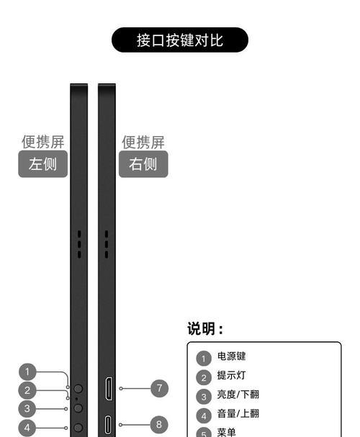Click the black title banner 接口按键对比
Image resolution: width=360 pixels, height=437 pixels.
pos(180,40)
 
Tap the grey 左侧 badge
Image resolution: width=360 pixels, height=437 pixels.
pos(43,164)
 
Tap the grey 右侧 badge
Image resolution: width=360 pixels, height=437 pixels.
pos(143,164)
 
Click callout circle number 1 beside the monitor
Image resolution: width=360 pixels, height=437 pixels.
pos(27,371)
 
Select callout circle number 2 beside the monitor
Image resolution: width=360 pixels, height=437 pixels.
pos(27,390)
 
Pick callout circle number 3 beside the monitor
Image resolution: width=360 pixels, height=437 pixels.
pos(27,409)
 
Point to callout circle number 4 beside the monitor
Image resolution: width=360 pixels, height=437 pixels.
pos(27,428)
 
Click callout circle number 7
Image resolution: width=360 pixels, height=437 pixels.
pos(159,388)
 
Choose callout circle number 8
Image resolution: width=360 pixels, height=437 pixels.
pos(159,425)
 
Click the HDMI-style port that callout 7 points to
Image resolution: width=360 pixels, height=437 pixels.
pos(109,389)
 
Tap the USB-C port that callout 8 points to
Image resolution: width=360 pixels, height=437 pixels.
pos(108,425)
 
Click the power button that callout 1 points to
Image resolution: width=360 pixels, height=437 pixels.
pos(78,388)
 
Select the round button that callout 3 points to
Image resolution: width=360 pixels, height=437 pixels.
pos(78,408)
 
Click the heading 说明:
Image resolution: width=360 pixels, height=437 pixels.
pos(205,328)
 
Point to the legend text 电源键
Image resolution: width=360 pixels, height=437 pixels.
pos(231,356)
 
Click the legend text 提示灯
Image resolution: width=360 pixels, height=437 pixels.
pos(231,375)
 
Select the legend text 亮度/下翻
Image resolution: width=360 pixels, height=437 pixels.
pos(238,395)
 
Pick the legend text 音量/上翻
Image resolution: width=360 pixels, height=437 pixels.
pos(238,413)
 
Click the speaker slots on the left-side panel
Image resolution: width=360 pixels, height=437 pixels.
pos(79,244)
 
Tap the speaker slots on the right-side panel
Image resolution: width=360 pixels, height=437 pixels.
pos(107,244)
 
